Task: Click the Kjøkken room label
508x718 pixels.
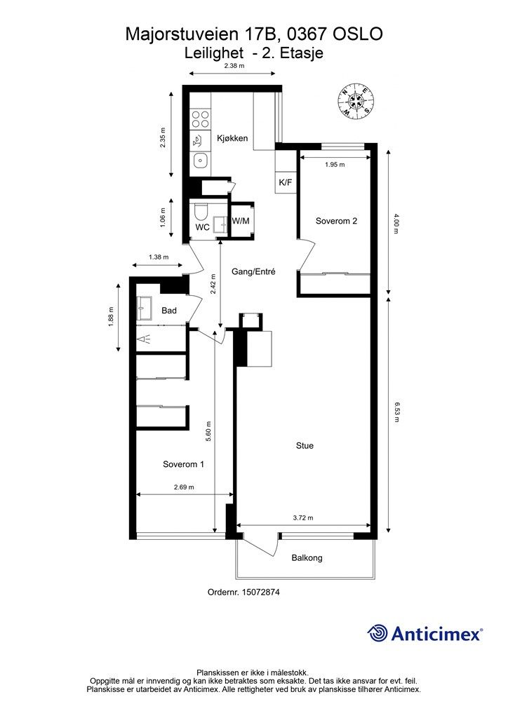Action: pos(232,138)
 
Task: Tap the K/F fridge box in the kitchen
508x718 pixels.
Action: pos(285,182)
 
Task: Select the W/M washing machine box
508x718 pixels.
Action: pos(241,221)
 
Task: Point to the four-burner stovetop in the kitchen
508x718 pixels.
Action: pos(200,119)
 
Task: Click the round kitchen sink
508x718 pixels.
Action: pos(200,161)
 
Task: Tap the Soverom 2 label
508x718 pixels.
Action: pos(336,221)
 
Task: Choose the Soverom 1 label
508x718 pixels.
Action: pos(183,464)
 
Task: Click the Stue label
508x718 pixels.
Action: pos(305,445)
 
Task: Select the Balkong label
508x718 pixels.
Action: pos(307,557)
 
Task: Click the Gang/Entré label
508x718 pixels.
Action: pos(253,271)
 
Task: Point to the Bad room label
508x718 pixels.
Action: pos(169,311)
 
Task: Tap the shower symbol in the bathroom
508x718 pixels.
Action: pos(145,339)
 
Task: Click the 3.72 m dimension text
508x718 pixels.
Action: pos(303,518)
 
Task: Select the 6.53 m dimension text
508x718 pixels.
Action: pos(397,412)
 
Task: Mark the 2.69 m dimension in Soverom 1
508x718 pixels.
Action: pos(184,487)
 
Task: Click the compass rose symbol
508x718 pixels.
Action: pos(356,100)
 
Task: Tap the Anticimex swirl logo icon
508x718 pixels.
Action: pos(377,633)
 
